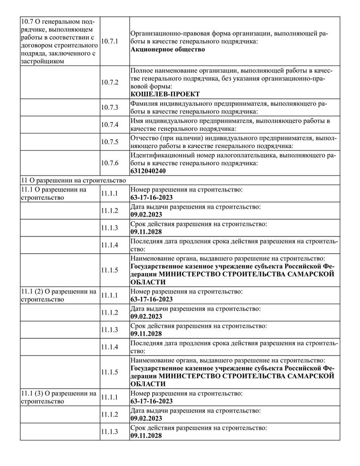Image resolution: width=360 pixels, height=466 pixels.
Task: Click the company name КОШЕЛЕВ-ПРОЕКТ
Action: click(165, 94)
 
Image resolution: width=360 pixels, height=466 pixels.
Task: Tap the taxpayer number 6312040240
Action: click(148, 171)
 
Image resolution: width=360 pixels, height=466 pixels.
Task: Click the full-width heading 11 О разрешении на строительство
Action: click(73, 180)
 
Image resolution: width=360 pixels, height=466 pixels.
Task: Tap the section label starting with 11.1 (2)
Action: click(58, 295)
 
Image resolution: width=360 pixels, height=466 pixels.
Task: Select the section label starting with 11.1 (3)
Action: click(58, 397)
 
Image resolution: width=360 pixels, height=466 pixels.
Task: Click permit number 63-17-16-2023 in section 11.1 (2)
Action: click(151, 299)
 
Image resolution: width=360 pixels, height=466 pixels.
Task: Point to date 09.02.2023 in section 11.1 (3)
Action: click(146, 419)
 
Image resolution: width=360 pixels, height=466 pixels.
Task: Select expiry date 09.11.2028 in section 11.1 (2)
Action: click(146, 334)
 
